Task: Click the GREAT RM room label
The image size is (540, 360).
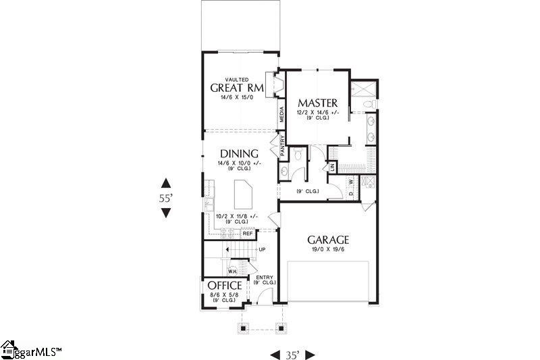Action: click(236, 88)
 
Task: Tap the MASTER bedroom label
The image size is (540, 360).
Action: click(318, 103)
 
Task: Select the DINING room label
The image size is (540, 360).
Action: click(240, 153)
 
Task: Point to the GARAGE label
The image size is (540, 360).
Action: click(329, 240)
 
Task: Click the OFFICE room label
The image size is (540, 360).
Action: click(225, 286)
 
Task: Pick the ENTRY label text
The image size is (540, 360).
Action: click(263, 277)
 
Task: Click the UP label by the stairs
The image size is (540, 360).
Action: click(262, 249)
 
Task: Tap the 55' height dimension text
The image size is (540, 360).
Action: click(166, 198)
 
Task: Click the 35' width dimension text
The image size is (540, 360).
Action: click(293, 354)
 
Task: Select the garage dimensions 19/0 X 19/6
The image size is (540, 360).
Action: click(329, 250)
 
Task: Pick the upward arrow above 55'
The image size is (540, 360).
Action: click(166, 183)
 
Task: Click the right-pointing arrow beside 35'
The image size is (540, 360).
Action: click(310, 354)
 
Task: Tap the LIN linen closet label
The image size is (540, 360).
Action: click(332, 165)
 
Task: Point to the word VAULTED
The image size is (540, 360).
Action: click(236, 79)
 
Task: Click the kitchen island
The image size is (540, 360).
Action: click(242, 197)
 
